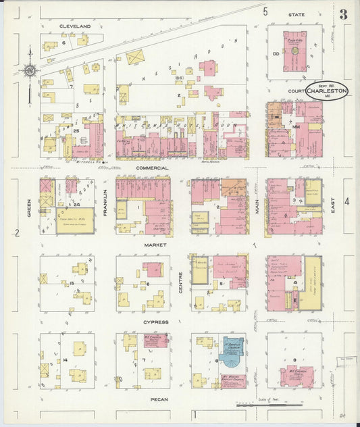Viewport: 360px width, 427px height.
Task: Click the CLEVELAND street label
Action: pos(75,26)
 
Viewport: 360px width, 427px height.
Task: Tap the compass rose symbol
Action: pos(30,70)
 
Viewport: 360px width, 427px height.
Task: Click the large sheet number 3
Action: pos(344,14)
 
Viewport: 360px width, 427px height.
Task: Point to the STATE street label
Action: pos(296,14)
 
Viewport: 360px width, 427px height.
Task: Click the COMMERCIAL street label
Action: pos(151,167)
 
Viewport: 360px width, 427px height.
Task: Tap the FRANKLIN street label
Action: pos(105,202)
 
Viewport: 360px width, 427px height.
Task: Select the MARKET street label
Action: pos(151,245)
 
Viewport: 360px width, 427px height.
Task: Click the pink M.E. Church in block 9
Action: pos(297,375)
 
